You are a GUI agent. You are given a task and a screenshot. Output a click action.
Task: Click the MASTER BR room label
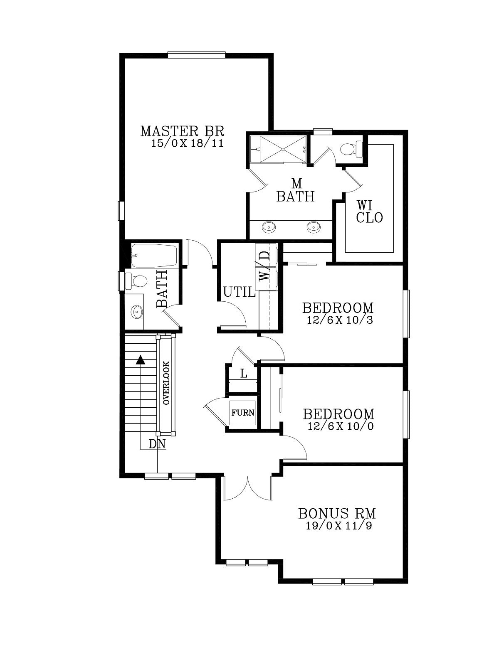[x=182, y=131]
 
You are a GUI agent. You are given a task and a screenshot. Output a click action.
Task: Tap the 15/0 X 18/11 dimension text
[x=187, y=143]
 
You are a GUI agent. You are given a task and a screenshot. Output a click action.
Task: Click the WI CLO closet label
[x=369, y=212]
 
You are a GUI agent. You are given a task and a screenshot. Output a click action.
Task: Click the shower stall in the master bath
[x=278, y=149]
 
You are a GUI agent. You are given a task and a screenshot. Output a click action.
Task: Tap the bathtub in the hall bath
[x=154, y=256]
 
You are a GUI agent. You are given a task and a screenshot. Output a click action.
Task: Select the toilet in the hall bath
[x=136, y=281]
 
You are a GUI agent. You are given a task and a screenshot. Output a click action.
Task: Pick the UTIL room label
[x=239, y=293]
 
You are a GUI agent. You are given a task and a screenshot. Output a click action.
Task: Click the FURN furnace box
[x=243, y=413]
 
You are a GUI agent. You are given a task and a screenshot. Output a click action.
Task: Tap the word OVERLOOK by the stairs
[x=166, y=383]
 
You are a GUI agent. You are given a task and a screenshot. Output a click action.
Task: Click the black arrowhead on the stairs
[x=140, y=360]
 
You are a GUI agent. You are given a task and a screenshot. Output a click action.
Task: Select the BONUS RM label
[x=337, y=514]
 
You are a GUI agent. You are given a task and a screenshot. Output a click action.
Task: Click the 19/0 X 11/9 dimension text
[x=339, y=526]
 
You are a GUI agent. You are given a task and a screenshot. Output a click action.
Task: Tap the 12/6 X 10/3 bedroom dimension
[x=340, y=320]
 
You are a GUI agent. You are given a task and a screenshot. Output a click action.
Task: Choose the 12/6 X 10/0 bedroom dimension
[x=341, y=426]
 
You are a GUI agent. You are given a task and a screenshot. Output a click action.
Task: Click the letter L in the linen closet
[x=244, y=374]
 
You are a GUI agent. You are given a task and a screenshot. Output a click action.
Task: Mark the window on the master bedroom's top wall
[x=197, y=54]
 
